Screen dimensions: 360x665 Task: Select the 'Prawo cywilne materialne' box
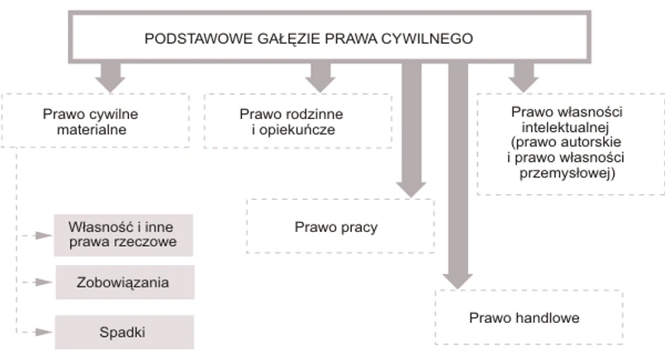tap(96, 120)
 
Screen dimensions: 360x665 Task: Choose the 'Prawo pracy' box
tap(340, 225)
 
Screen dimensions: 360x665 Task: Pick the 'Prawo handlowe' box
tap(529, 317)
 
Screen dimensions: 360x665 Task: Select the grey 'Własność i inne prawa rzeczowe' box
tap(123, 234)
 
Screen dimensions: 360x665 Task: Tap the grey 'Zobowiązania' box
tap(123, 282)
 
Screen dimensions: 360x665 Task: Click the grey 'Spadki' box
tap(123, 332)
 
